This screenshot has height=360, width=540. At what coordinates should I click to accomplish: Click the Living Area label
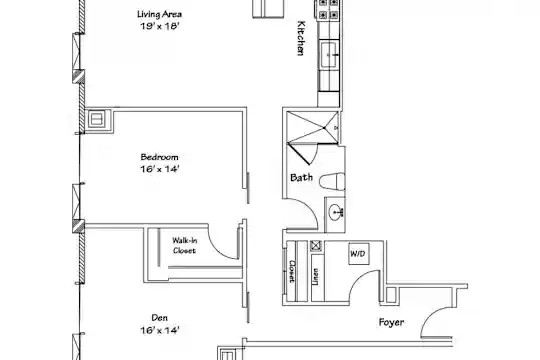[159, 14]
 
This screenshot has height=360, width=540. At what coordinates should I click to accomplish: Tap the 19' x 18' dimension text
[159, 26]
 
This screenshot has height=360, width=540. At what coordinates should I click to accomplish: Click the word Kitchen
[301, 38]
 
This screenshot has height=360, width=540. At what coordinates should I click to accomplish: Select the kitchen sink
[329, 54]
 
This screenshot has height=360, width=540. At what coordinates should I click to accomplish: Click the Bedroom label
[159, 157]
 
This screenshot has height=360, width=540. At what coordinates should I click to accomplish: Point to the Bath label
[301, 177]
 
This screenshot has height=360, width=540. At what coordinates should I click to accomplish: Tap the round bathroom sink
[335, 212]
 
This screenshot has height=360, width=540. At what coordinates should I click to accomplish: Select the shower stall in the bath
[313, 127]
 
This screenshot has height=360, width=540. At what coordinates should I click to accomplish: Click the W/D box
[358, 254]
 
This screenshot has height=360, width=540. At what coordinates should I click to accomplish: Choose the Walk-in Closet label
[184, 246]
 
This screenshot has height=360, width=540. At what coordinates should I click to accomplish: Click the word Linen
[315, 277]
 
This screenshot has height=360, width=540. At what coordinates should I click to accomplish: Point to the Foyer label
[391, 322]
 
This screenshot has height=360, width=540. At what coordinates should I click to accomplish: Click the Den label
[160, 318]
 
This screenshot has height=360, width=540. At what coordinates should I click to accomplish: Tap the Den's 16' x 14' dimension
[159, 330]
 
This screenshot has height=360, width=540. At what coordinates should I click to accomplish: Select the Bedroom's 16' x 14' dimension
[159, 169]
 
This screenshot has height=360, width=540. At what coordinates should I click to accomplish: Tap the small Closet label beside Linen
[292, 271]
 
